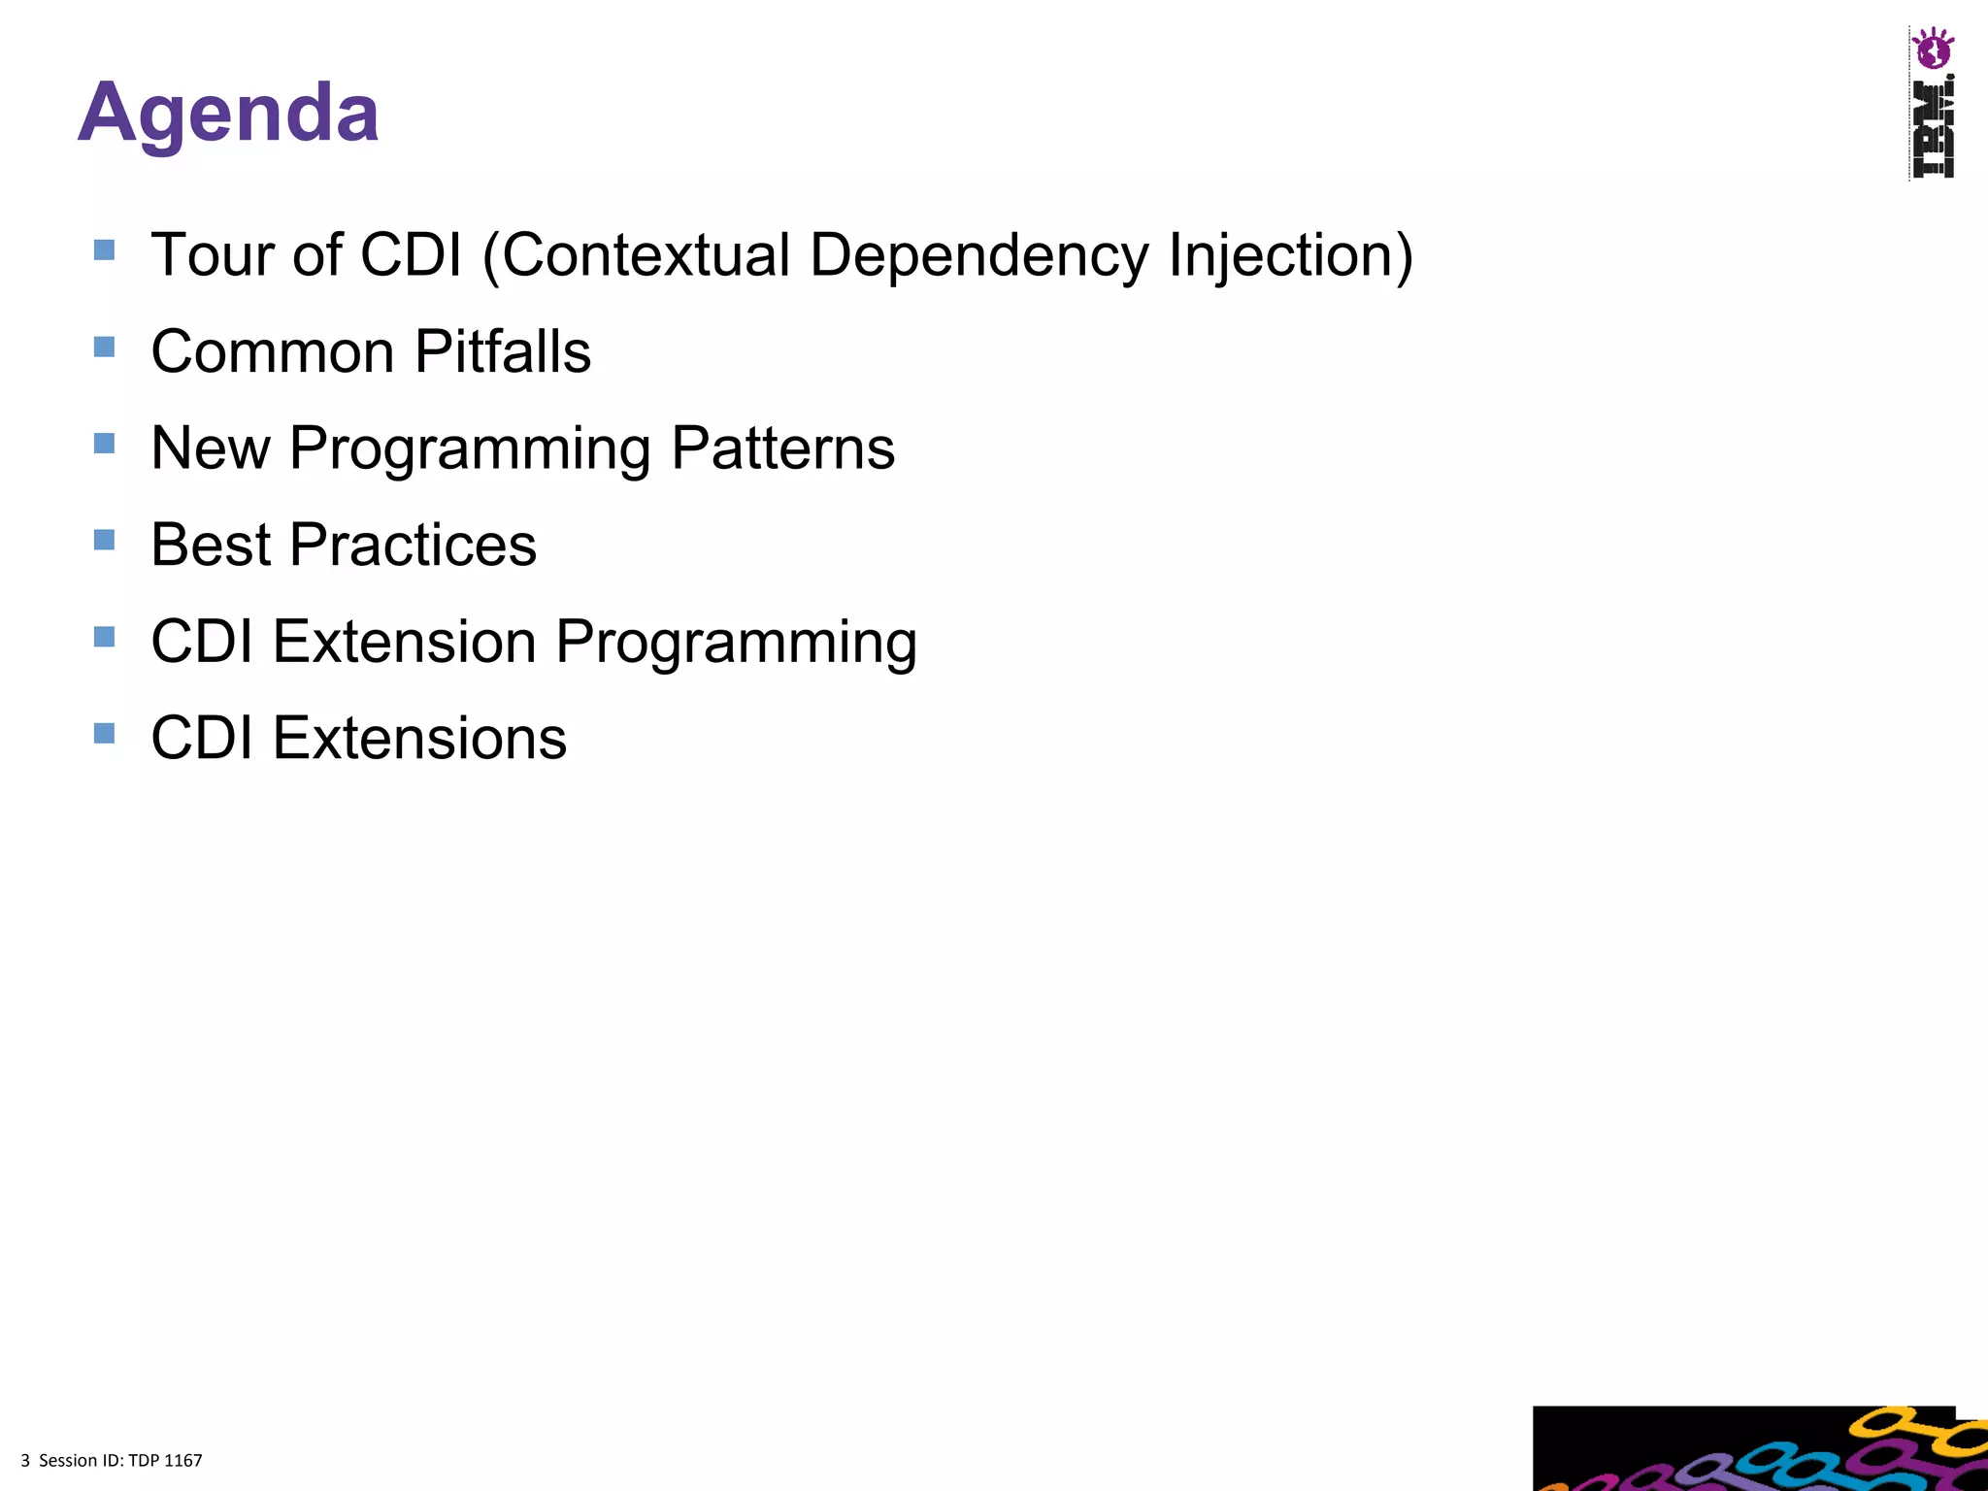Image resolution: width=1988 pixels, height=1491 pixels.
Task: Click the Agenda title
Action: point(228,114)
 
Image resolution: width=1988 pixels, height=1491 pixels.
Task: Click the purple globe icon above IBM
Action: point(1932,49)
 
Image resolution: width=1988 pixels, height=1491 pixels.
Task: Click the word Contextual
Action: point(646,255)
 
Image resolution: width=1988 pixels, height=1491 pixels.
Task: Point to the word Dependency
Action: point(978,255)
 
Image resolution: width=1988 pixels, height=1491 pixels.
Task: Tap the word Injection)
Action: point(1290,255)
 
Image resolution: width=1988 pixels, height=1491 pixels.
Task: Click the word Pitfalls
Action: point(503,351)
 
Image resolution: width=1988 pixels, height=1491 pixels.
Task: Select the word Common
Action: point(272,351)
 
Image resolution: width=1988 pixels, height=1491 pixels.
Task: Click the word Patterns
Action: point(782,448)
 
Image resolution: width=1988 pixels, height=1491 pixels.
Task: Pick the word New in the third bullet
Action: point(210,448)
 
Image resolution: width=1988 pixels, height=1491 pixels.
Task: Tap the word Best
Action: point(210,545)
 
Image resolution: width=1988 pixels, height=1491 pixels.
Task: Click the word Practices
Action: point(413,545)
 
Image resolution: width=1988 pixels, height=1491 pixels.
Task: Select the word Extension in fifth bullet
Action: point(404,642)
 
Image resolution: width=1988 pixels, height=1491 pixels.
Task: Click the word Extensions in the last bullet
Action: point(419,739)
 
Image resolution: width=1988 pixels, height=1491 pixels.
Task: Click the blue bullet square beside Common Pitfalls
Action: point(105,347)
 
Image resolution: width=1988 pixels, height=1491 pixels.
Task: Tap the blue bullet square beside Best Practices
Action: point(105,540)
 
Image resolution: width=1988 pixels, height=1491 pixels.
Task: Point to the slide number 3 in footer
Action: point(25,1461)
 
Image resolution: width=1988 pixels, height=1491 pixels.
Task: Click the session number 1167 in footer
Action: point(183,1461)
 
